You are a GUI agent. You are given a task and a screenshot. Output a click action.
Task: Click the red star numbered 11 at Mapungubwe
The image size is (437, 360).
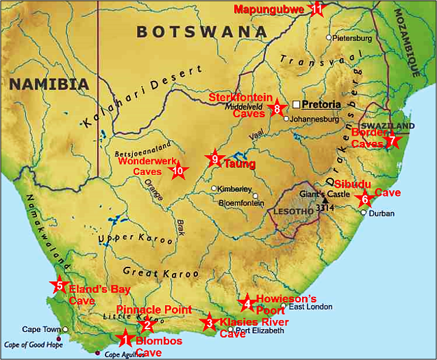316,9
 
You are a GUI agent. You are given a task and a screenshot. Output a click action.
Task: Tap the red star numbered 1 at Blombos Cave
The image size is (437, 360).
125,337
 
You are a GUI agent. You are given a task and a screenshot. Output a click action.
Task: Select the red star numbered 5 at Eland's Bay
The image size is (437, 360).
59,286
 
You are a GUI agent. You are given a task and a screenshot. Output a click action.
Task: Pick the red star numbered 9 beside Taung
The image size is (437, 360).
215,159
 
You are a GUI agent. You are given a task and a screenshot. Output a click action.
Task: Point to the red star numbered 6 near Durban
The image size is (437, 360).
364,200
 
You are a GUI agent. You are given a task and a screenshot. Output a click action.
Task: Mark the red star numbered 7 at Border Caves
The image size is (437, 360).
392,141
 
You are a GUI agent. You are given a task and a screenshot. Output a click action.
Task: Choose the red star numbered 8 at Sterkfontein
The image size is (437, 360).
277,108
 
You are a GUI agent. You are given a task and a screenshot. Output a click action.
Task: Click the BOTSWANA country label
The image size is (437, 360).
201,31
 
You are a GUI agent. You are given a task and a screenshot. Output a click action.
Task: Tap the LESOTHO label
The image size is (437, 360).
292,212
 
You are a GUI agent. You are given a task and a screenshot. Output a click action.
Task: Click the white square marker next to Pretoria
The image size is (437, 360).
296,104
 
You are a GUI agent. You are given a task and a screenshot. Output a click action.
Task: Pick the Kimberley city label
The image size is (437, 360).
236,189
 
